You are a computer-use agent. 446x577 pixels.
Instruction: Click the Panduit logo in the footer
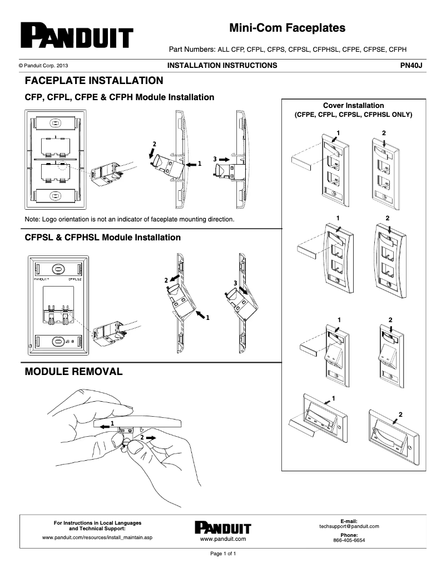click(222, 528)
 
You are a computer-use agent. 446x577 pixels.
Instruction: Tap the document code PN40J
click(412, 66)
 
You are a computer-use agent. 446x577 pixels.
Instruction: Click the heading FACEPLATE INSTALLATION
click(94, 80)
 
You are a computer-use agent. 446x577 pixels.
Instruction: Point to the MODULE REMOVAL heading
click(73, 371)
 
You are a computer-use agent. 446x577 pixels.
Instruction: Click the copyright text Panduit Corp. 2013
click(44, 66)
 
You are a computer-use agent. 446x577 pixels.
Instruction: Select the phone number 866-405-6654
click(349, 540)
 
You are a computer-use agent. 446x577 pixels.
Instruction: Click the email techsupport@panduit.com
click(349, 526)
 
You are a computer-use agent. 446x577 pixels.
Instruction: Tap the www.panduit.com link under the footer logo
click(222, 539)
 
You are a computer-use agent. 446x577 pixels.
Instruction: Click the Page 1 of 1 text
click(222, 554)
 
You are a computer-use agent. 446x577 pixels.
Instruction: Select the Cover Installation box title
click(353, 105)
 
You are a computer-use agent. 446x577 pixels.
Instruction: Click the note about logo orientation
click(130, 219)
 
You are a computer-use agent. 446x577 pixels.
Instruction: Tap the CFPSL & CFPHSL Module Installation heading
click(103, 238)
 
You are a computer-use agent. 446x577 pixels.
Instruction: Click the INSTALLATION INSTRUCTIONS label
click(222, 66)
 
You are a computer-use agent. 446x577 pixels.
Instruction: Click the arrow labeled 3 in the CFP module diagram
click(222, 159)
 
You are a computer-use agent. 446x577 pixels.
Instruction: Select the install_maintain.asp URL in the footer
click(97, 538)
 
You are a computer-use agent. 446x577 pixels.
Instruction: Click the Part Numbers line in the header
click(288, 49)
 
